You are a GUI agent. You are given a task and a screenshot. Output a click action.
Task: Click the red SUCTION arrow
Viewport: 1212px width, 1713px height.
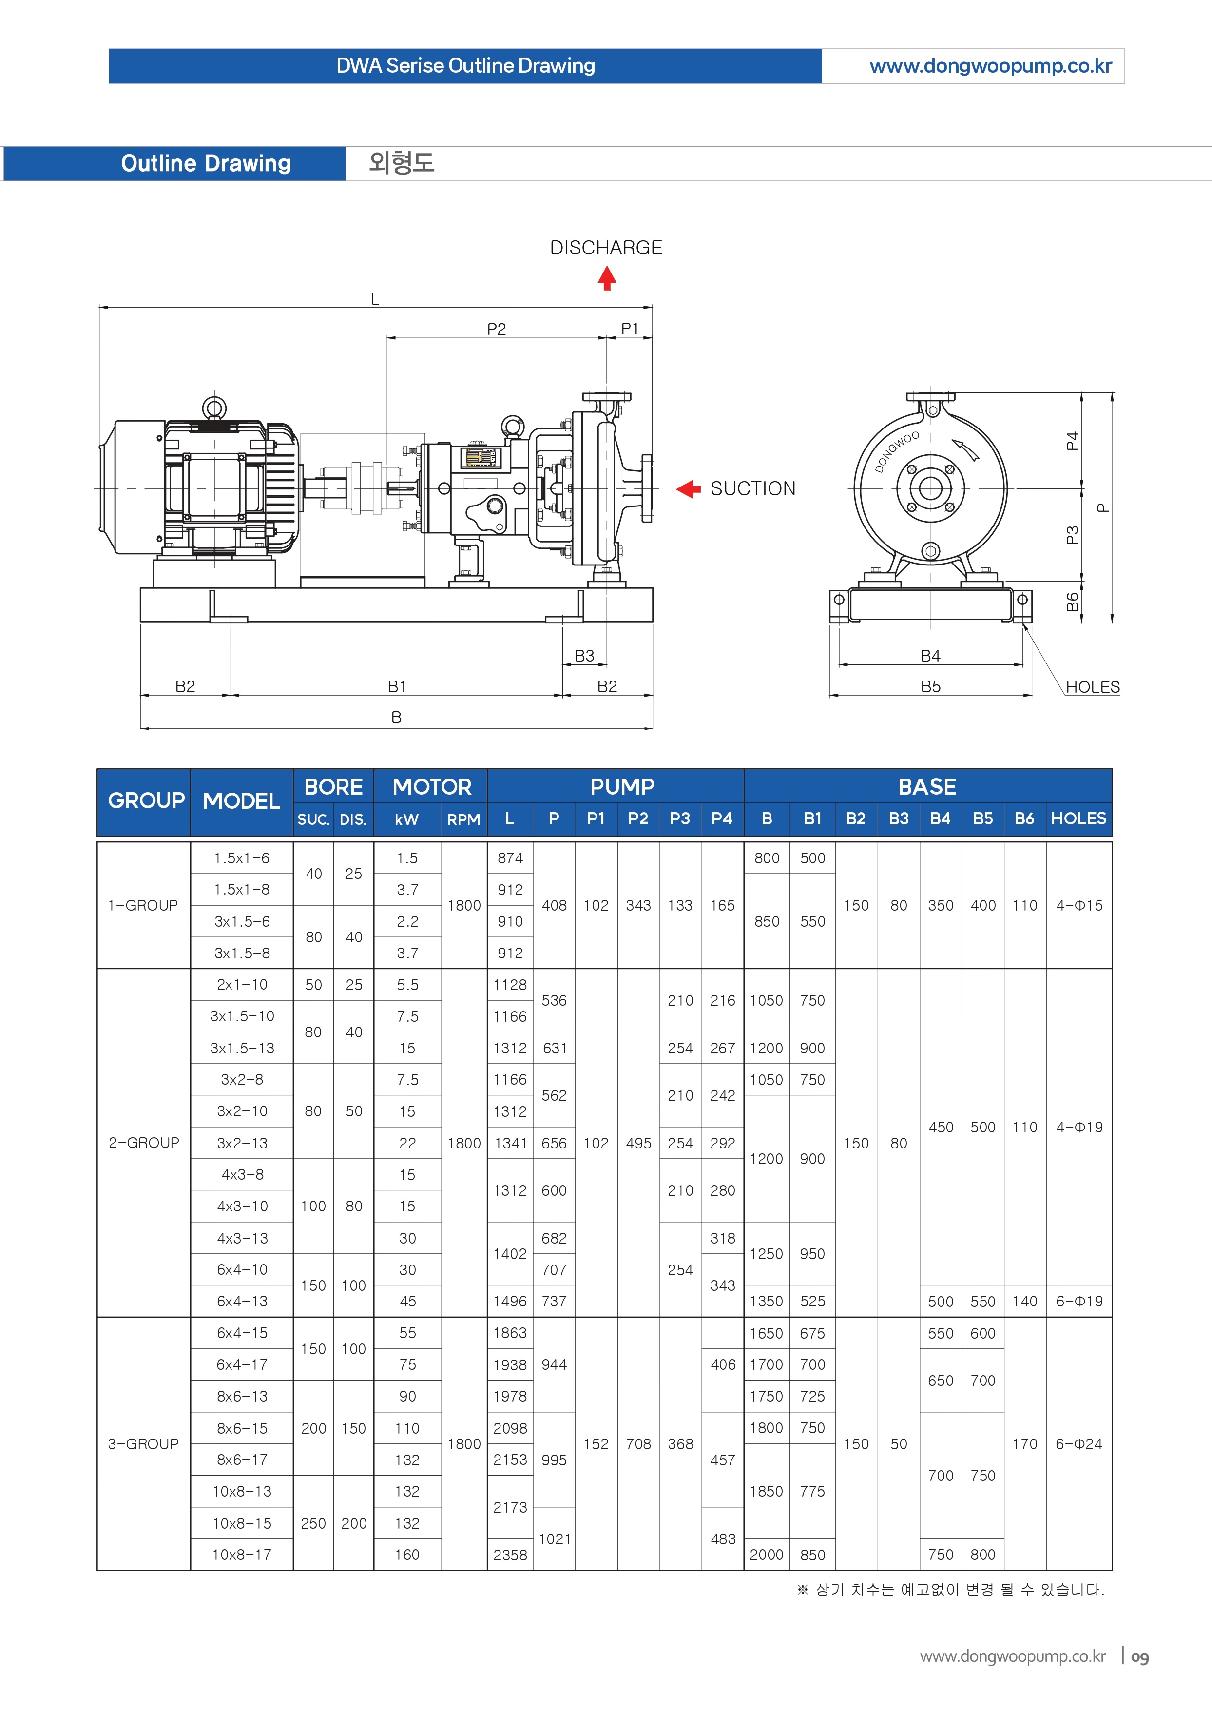point(688,489)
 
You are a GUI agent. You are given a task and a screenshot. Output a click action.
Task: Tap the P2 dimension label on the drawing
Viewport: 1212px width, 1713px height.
point(496,329)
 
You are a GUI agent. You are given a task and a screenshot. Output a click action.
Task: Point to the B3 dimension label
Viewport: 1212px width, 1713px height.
point(584,656)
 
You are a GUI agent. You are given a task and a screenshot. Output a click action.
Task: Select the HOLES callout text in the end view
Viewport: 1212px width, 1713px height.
point(1093,687)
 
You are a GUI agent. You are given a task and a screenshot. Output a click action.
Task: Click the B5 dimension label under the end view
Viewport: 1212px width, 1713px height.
point(931,687)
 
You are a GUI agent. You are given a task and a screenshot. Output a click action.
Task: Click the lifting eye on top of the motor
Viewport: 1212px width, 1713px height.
point(214,408)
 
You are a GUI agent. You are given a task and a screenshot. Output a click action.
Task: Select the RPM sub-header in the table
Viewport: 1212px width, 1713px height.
point(463,819)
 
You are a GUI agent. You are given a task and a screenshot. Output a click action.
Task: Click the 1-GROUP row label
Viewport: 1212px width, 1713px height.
point(143,905)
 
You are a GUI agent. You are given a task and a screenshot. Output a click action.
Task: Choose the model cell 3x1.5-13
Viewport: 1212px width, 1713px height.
point(242,1048)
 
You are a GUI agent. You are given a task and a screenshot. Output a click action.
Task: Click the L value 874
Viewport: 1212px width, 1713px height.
point(510,858)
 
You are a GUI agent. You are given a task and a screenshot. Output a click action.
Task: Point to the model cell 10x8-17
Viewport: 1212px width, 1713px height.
point(242,1555)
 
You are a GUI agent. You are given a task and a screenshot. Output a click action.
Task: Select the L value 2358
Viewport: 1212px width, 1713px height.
point(510,1555)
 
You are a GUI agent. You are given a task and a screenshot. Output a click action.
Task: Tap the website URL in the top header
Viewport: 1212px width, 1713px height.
point(990,66)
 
